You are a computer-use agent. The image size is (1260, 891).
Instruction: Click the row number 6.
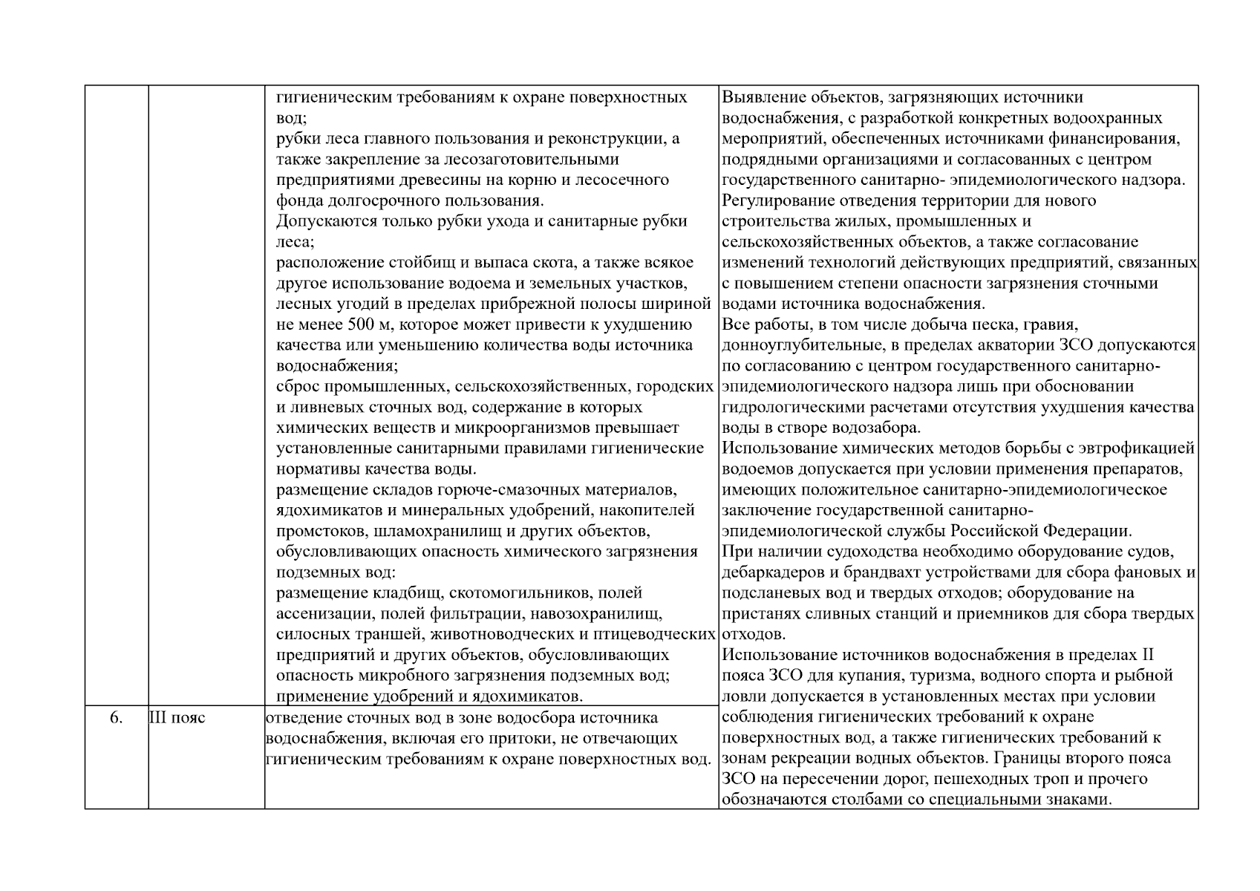pyautogui.click(x=116, y=718)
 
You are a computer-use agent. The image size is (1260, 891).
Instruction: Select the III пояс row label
pyautogui.click(x=177, y=718)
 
